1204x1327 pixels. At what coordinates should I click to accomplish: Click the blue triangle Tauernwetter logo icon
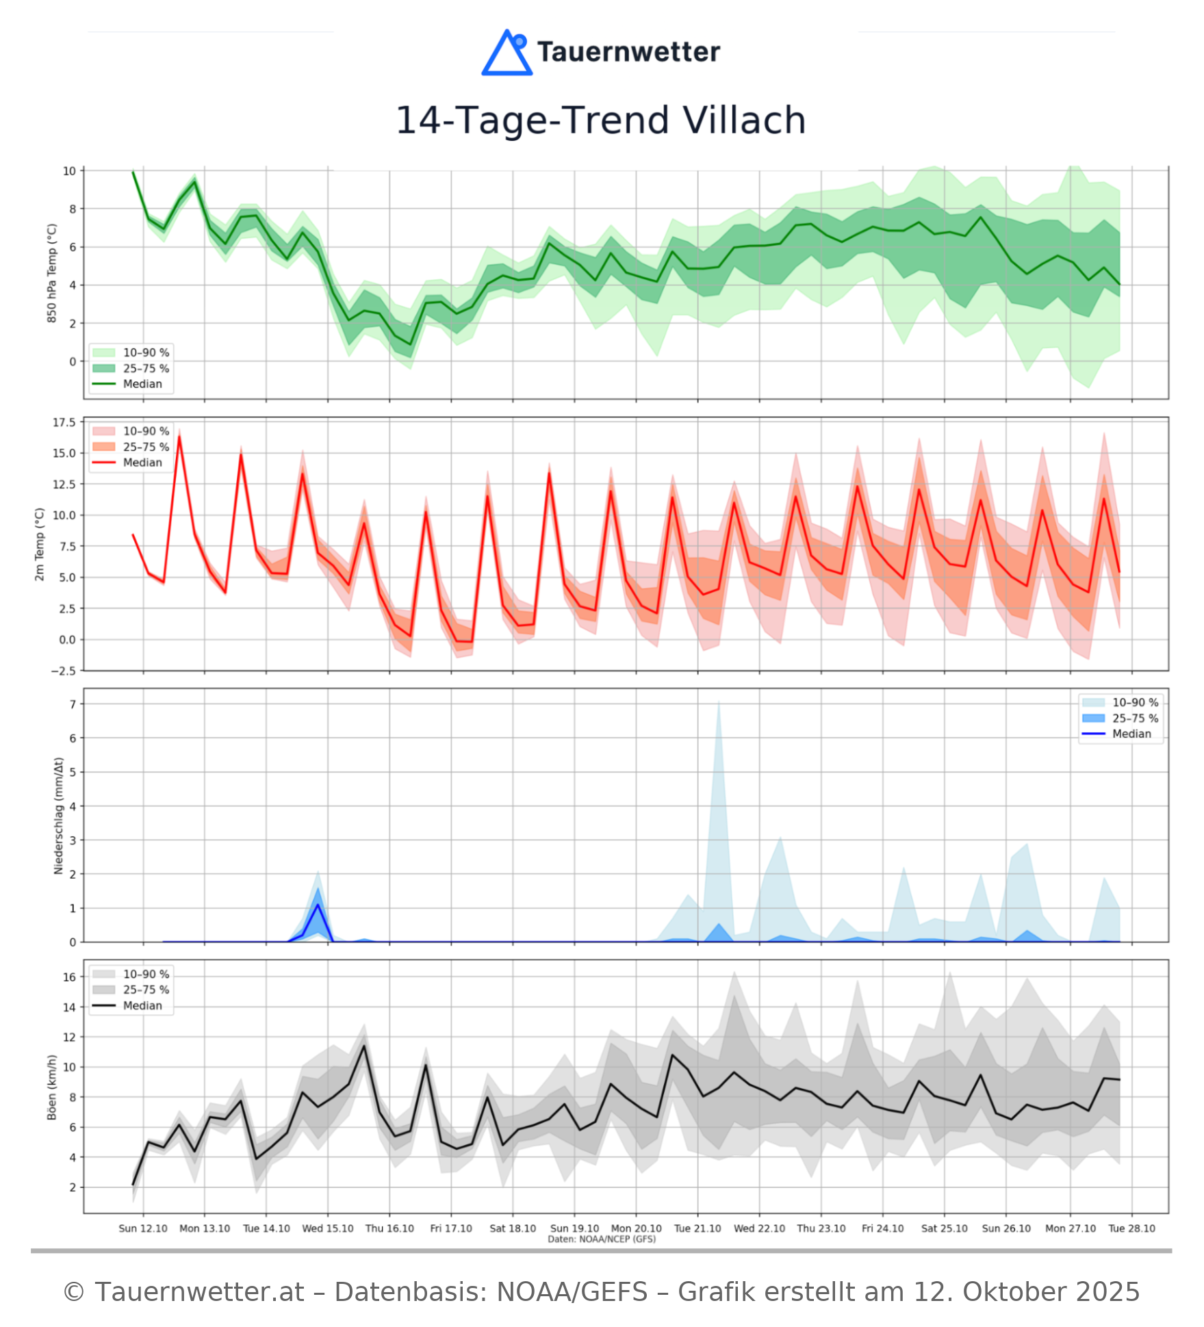(x=507, y=53)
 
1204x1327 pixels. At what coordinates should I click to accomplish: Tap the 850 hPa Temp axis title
(x=52, y=273)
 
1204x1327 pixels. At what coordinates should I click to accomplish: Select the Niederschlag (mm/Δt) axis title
(x=58, y=815)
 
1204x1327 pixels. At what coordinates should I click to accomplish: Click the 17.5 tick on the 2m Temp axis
(x=64, y=422)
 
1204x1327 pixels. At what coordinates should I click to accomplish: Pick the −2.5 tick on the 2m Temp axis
(x=64, y=671)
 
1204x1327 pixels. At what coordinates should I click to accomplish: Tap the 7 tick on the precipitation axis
(x=73, y=704)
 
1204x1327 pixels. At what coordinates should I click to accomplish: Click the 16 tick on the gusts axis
(x=69, y=977)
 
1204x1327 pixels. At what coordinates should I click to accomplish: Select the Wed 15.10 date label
(x=328, y=1228)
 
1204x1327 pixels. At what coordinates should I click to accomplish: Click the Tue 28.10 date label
(x=1131, y=1228)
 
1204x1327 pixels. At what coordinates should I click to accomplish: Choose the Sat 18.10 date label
(x=513, y=1228)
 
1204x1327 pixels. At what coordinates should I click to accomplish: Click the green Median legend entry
(x=142, y=384)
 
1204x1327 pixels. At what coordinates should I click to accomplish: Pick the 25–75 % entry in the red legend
(x=146, y=447)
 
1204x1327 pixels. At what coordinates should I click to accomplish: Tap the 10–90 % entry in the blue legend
(x=1135, y=702)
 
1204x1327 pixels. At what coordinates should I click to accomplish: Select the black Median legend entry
(x=142, y=1005)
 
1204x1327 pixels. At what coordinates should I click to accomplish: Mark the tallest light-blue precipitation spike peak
(x=718, y=702)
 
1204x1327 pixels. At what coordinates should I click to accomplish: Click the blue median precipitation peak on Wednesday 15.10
(x=318, y=905)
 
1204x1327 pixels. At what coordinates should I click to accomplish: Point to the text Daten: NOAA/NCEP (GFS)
(x=602, y=1239)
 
